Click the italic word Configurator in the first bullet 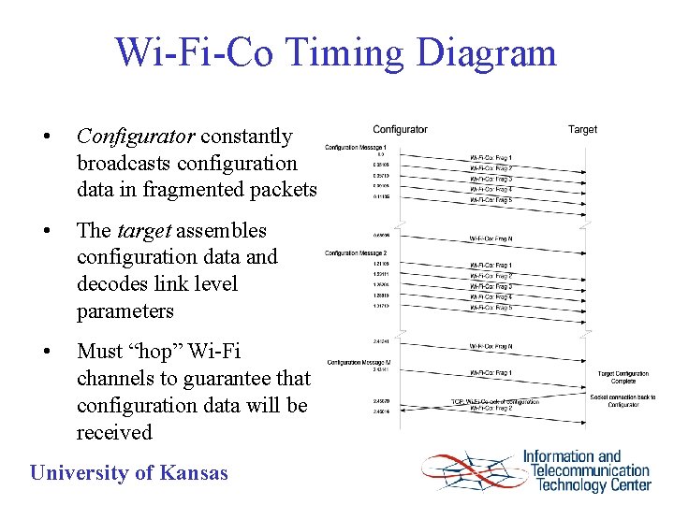136,137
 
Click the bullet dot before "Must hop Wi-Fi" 46,353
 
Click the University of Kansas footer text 129,473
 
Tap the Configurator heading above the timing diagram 400,129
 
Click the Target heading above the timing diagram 582,129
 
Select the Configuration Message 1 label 362,148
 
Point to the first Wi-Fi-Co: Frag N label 491,238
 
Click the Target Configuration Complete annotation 623,378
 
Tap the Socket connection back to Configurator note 623,401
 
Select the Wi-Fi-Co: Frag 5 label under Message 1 491,200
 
